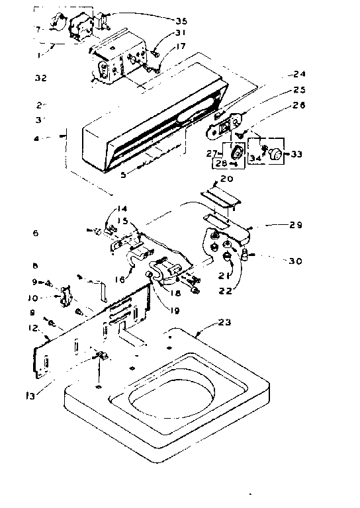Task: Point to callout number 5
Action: pyautogui.click(x=122, y=175)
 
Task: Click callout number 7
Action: pyautogui.click(x=38, y=30)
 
